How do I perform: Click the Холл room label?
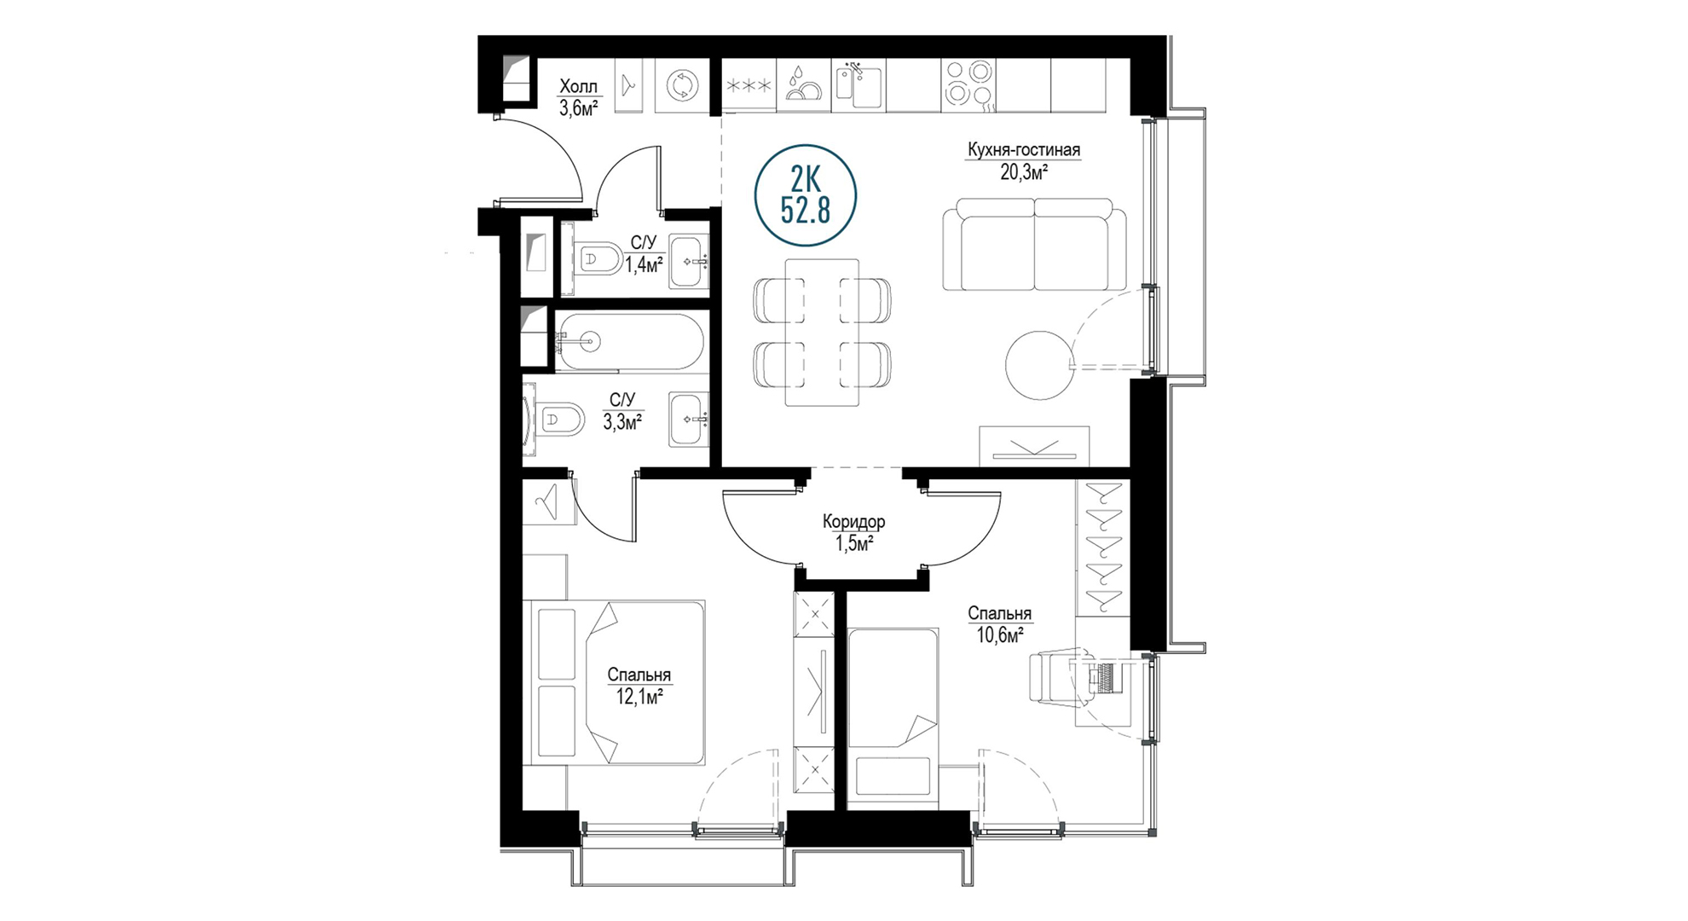[579, 86]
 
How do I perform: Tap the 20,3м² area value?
[1023, 172]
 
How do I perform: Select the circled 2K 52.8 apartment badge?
[806, 195]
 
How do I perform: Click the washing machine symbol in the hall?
[682, 85]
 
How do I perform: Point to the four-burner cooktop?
[969, 84]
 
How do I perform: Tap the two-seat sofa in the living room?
[1034, 245]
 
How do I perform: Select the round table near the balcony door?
[1039, 365]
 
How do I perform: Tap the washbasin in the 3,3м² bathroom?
[688, 419]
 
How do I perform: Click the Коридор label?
[853, 521]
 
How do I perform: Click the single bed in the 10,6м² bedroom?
[893, 714]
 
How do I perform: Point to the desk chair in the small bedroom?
[1055, 678]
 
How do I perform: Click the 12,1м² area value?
[639, 697]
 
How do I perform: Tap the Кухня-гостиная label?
[1023, 150]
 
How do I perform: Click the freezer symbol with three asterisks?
[749, 85]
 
